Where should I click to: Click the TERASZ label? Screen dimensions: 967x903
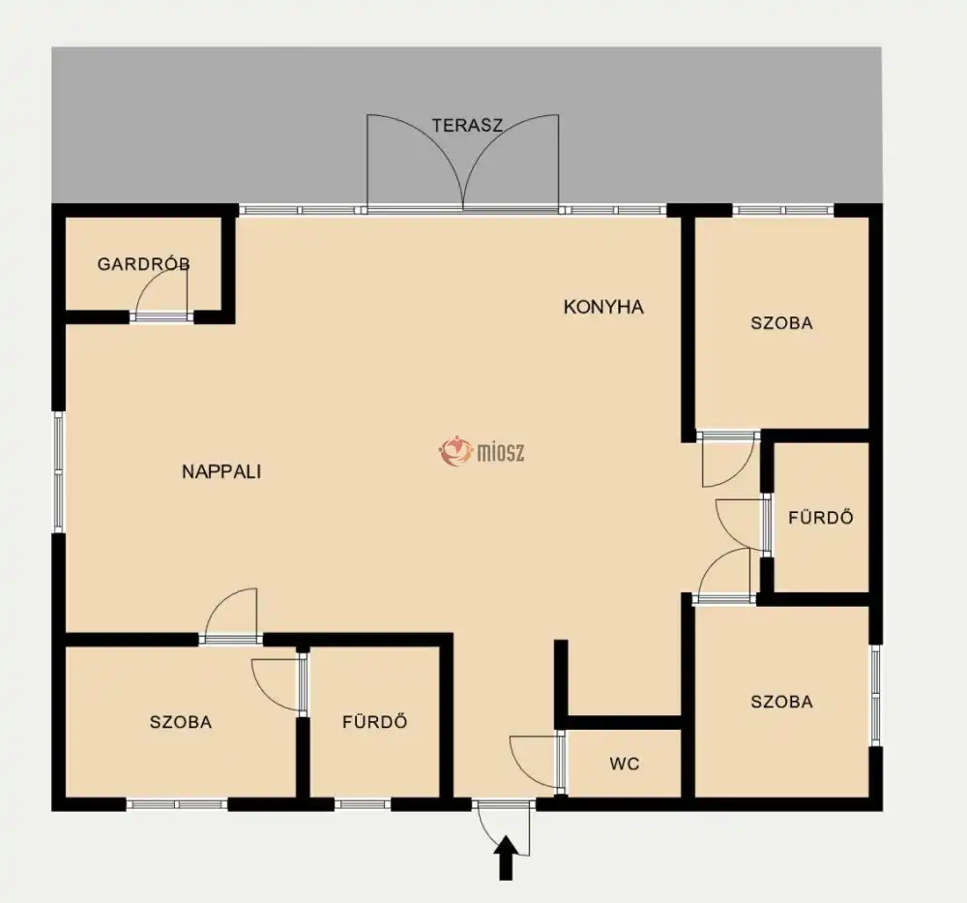[467, 125]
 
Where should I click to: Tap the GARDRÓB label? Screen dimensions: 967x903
[144, 264]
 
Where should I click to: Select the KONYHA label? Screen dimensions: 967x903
[603, 307]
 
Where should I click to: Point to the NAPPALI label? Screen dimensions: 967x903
[221, 471]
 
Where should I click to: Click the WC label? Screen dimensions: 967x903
[624, 764]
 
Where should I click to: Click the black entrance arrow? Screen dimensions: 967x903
[506, 858]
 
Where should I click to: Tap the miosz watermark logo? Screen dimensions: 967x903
[482, 451]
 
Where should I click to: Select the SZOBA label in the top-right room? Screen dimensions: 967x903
[781, 323]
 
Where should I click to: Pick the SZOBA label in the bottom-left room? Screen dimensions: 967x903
[181, 722]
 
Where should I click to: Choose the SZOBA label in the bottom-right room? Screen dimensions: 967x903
[781, 701]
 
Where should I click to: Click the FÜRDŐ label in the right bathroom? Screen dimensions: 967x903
[820, 517]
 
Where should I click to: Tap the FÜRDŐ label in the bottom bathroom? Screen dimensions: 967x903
[374, 721]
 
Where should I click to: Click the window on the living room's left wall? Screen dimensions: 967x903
[59, 472]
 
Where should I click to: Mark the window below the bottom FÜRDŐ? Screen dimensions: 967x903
[363, 804]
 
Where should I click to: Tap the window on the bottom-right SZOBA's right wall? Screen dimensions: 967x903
[875, 695]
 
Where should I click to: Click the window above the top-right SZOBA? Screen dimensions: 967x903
[783, 210]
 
